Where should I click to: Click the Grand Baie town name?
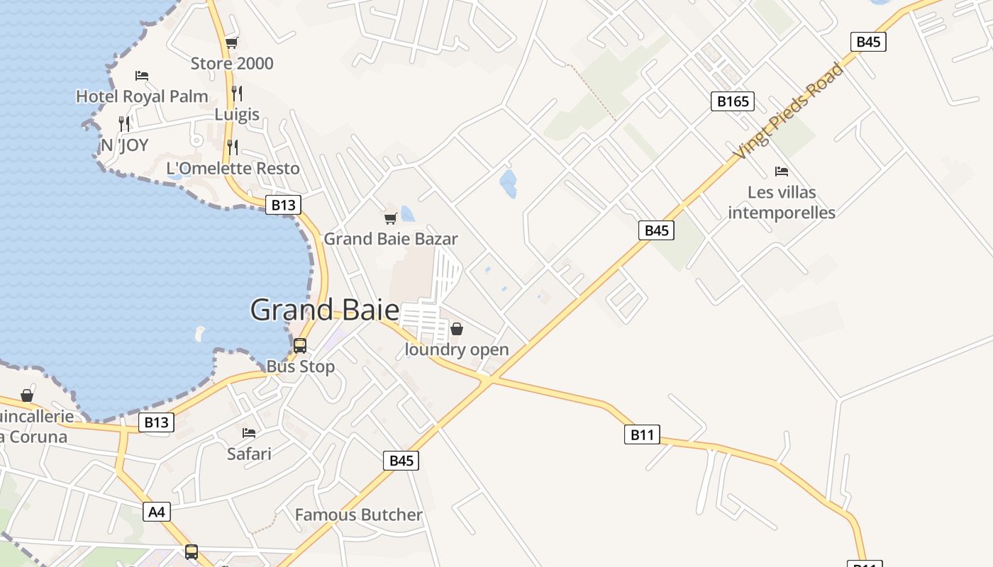325,310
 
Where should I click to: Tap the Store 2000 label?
232,64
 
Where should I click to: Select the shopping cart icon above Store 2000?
231,43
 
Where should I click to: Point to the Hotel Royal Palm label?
142,96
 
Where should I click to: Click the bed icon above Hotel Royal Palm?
142,75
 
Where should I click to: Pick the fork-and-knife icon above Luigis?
237,93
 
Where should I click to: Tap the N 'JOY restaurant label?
125,145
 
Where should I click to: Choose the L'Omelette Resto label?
233,169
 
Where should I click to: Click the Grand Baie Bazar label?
391,239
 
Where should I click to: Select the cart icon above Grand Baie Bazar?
390,218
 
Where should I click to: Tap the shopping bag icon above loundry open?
457,329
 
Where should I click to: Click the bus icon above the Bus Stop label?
300,346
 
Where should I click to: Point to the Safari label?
249,453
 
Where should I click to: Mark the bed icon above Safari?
249,432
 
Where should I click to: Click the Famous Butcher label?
358,515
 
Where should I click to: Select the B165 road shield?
733,101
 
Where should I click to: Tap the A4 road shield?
157,512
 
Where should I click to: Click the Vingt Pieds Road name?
789,111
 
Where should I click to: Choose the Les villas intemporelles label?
782,203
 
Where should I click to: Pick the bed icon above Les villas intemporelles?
782,172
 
